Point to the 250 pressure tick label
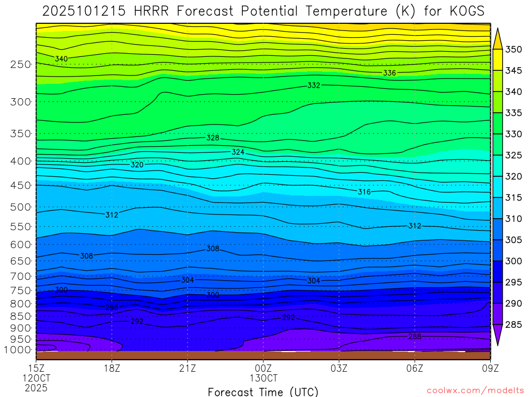(x=21, y=64)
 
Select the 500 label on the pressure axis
(x=21, y=207)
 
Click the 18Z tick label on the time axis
(x=112, y=368)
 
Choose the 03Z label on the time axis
(x=339, y=368)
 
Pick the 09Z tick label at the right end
(x=490, y=368)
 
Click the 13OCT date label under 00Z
(x=263, y=378)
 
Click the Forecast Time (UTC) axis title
(x=263, y=391)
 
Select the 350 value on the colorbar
(x=514, y=50)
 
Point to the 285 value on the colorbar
(x=514, y=325)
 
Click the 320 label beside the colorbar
(x=514, y=177)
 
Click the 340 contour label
(x=61, y=59)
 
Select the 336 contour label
(x=390, y=73)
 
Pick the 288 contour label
(x=414, y=337)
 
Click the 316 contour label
(x=364, y=192)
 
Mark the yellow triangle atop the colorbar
(x=498, y=38)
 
